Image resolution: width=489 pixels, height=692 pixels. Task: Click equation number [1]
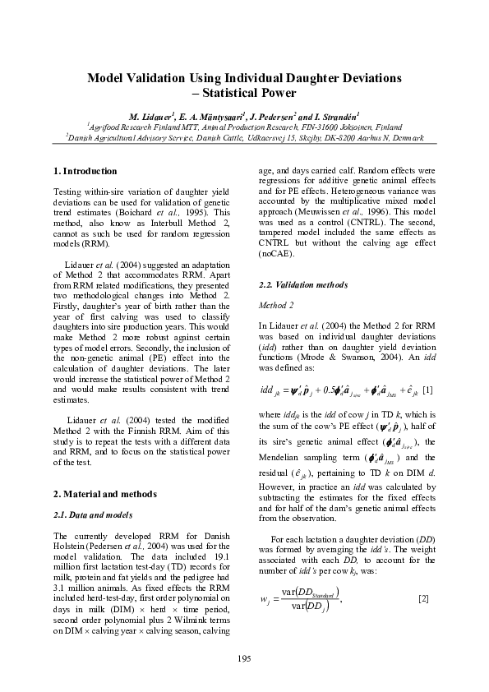[428, 388]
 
